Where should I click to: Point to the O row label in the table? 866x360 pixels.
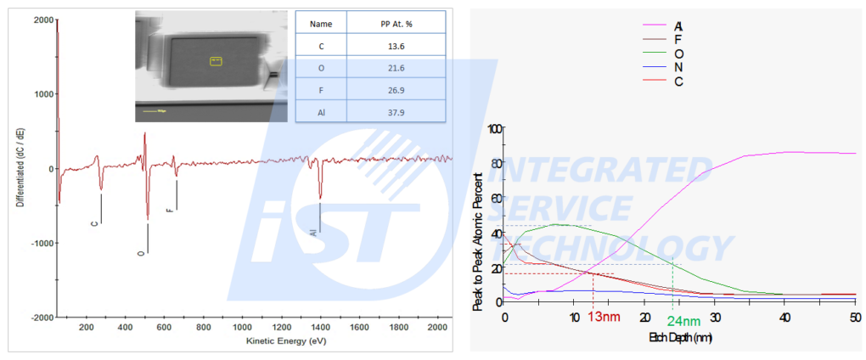pyautogui.click(x=322, y=68)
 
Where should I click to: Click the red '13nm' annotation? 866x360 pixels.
pyautogui.click(x=605, y=317)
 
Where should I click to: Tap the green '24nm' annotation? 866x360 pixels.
pyautogui.click(x=683, y=320)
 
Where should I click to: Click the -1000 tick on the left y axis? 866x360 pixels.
pyautogui.click(x=37, y=243)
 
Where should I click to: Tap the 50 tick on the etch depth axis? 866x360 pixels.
pyautogui.click(x=853, y=317)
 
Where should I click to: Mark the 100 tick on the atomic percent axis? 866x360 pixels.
pyautogui.click(x=493, y=127)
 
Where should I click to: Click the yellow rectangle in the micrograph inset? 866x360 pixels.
pyautogui.click(x=216, y=60)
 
